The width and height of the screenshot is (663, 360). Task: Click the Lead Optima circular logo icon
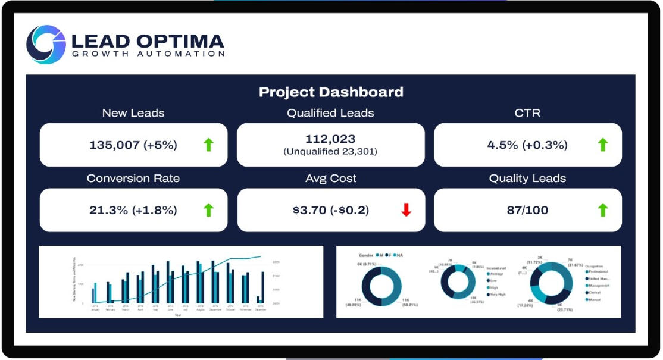(x=46, y=44)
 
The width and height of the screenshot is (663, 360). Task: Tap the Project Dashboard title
(x=331, y=92)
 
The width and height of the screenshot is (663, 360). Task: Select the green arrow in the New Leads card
(x=208, y=145)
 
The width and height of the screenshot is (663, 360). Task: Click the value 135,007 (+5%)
(x=133, y=145)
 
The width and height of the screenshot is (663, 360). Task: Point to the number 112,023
(x=330, y=139)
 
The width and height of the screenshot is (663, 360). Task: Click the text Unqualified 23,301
(x=330, y=152)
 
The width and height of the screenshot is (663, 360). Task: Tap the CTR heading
(x=527, y=113)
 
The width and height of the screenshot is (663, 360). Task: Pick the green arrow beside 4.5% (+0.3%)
(x=603, y=145)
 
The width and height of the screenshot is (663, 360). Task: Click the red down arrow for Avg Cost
(x=406, y=210)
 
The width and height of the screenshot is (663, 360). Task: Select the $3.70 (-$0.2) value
(x=330, y=210)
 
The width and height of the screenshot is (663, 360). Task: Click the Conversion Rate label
(x=133, y=179)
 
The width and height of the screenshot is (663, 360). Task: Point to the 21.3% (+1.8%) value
(x=133, y=210)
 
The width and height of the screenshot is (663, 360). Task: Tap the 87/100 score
(x=528, y=210)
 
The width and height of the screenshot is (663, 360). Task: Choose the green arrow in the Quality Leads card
(x=603, y=210)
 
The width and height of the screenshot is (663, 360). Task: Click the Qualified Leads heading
(x=330, y=113)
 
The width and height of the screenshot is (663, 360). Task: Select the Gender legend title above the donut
(x=366, y=255)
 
